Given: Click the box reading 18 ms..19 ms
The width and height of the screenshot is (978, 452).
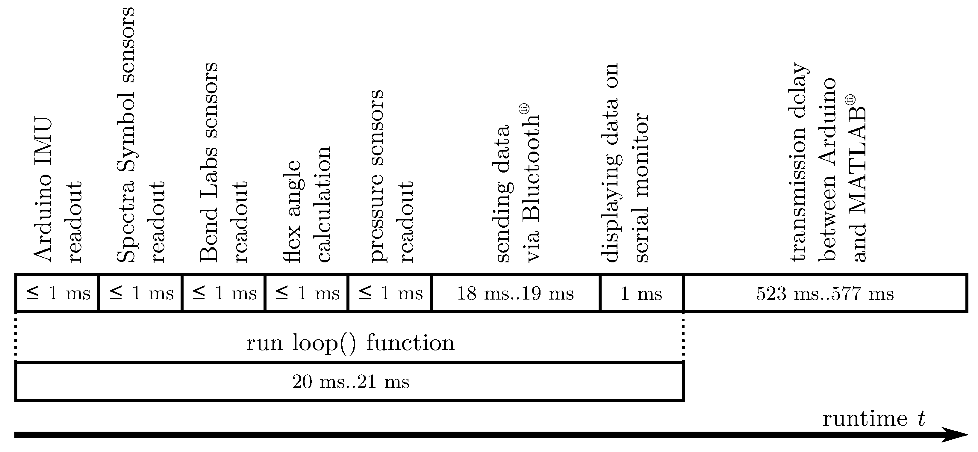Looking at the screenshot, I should point(515,293).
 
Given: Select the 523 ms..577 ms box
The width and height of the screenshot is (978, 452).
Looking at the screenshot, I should point(825,293).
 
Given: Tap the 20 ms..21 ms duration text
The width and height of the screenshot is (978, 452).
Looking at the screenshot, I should point(351,381).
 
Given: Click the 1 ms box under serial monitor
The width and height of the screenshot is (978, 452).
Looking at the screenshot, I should point(641,293).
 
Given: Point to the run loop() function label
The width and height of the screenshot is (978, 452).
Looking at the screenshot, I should point(350,343).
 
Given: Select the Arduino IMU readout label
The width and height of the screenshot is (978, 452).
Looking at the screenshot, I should point(58,190).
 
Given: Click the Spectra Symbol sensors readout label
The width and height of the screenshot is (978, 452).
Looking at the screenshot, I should point(140,135).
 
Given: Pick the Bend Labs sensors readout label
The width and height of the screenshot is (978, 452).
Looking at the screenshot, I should point(224,163).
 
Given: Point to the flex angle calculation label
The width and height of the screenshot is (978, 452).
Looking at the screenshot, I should point(308,205).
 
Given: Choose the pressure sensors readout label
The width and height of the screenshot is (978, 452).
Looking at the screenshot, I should point(391,177).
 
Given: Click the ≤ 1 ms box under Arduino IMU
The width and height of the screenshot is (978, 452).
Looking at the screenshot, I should point(57,293).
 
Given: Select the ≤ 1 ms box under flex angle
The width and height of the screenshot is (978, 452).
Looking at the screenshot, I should point(306,293).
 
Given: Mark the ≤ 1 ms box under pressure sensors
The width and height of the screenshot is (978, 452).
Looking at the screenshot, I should point(390,293).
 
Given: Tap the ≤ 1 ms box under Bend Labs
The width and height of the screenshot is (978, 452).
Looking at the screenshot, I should point(224,293).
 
